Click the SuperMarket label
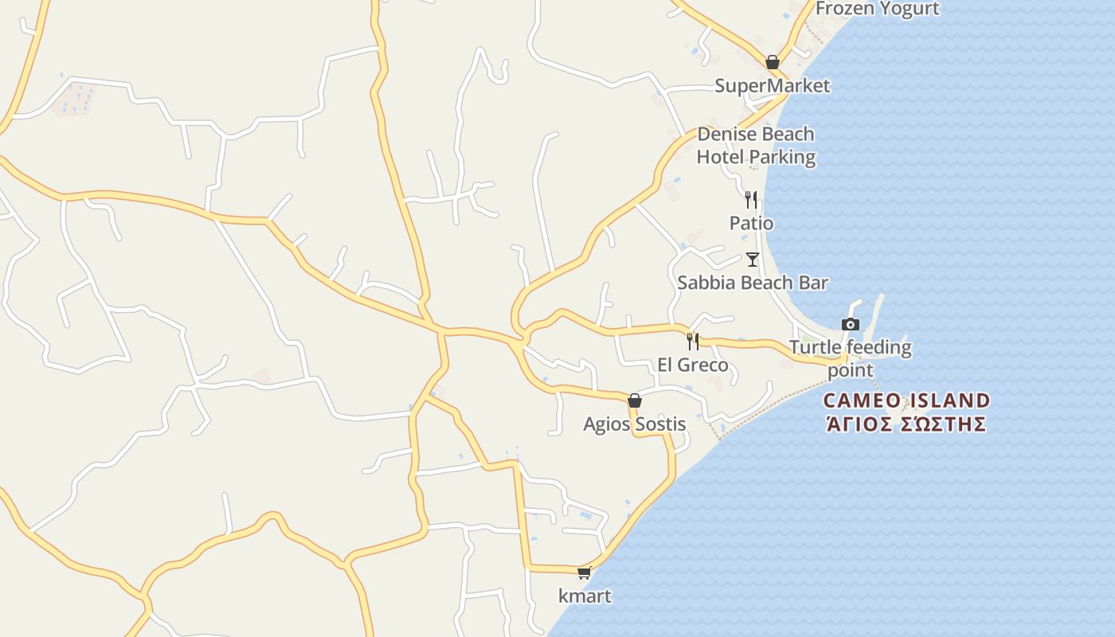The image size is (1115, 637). pyautogui.click(x=772, y=85)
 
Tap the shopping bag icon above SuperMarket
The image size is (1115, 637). pyautogui.click(x=772, y=62)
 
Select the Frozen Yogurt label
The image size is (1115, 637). pyautogui.click(x=877, y=9)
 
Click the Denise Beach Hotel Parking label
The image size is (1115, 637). pyautogui.click(x=756, y=145)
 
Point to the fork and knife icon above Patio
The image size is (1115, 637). pyautogui.click(x=750, y=199)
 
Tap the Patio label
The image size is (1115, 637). pyautogui.click(x=751, y=223)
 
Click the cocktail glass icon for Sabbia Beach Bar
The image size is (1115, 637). pyautogui.click(x=752, y=259)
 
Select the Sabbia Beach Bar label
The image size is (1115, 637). pyautogui.click(x=752, y=283)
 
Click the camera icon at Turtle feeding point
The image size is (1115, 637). pyautogui.click(x=851, y=324)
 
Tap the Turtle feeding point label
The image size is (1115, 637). pyautogui.click(x=850, y=358)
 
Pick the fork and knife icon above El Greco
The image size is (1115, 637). pyautogui.click(x=693, y=342)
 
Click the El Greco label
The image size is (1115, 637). pyautogui.click(x=692, y=365)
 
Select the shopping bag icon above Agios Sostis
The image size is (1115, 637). pyautogui.click(x=635, y=401)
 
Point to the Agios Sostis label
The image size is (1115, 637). pyautogui.click(x=634, y=424)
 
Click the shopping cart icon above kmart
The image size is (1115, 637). pyautogui.click(x=585, y=573)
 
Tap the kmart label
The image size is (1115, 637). pyautogui.click(x=585, y=596)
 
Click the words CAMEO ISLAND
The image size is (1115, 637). pyautogui.click(x=906, y=400)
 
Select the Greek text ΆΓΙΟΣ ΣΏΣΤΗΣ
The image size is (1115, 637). pyautogui.click(x=906, y=424)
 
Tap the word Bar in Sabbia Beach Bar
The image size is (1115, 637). pyautogui.click(x=812, y=283)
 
